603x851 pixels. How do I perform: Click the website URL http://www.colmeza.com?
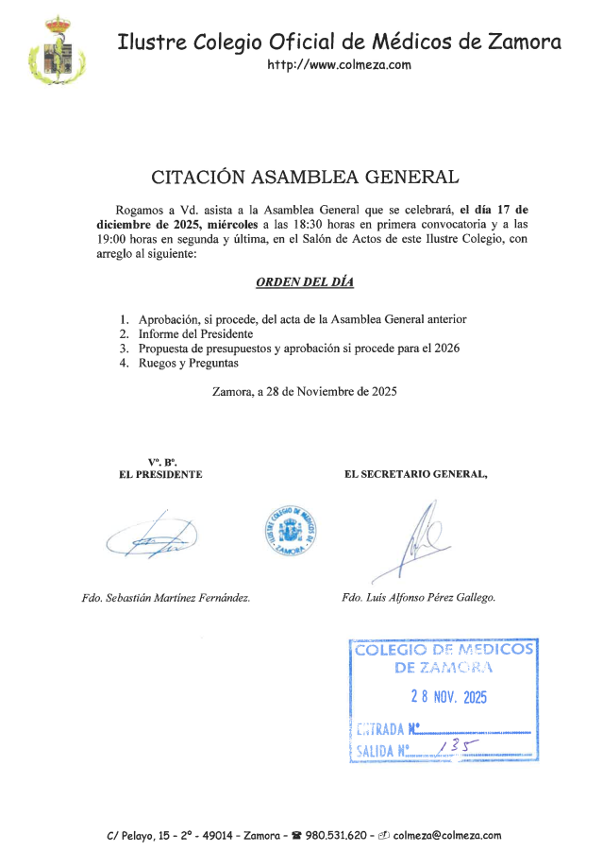point(339,64)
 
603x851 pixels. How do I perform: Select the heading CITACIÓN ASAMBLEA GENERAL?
point(306,177)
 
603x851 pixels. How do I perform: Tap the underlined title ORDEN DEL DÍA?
point(305,282)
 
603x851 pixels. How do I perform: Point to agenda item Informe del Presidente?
point(195,334)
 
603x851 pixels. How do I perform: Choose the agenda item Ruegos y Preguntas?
point(188,363)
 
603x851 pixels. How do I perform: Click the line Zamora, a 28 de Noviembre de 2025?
point(305,391)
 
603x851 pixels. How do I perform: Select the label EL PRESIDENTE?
point(160,474)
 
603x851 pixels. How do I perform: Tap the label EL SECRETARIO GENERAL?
point(416,474)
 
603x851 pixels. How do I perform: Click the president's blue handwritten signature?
point(151,539)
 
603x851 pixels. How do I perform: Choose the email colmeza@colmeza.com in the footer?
point(446,835)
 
